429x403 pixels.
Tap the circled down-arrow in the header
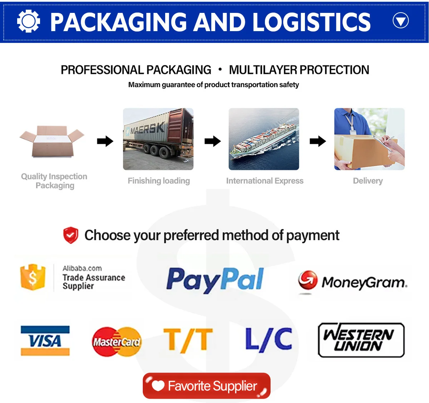pos(400,21)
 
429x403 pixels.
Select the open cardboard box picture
pos(52,141)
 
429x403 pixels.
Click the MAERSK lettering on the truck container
pos(148,127)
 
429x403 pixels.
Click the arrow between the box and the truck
pos(105,141)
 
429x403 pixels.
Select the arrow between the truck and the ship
pos(213,141)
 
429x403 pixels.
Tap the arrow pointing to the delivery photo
pos(318,141)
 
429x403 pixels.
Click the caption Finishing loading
pos(159,181)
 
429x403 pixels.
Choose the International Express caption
pos(265,181)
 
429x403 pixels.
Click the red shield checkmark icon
pos(71,235)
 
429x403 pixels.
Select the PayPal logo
pos(215,280)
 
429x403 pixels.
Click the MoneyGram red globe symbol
pos(308,280)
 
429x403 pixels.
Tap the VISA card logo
pos(45,341)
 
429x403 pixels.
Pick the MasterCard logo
pos(117,342)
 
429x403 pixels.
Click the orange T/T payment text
pos(188,340)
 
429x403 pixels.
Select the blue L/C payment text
pos(269,339)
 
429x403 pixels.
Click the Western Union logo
pos(361,340)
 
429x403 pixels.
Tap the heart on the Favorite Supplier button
pos(158,386)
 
